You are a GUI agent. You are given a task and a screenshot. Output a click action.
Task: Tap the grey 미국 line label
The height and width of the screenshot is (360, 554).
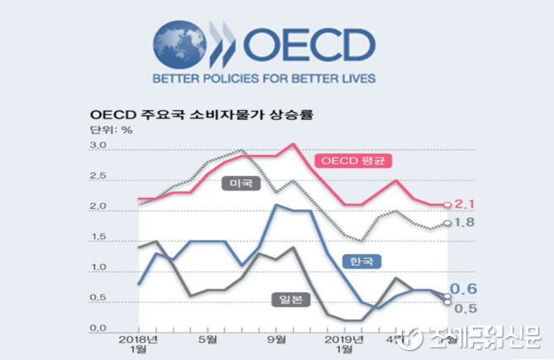241,183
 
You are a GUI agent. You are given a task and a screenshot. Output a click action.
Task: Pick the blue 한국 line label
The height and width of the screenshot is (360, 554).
361,262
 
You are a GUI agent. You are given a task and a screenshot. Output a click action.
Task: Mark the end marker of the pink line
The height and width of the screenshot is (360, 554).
447,204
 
